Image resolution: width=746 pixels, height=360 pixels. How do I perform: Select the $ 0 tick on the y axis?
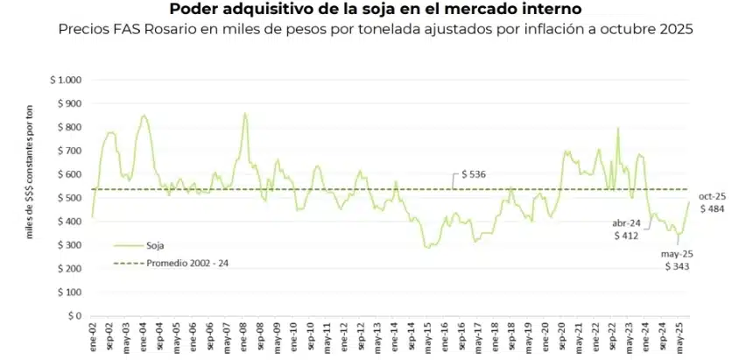tap(74, 315)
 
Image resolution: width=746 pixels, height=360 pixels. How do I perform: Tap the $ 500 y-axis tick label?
tap(69, 198)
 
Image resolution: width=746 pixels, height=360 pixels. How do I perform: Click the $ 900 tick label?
tap(69, 103)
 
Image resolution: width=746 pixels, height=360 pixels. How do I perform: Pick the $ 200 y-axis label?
tap(69, 268)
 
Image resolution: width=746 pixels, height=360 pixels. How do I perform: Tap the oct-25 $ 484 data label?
tap(710, 203)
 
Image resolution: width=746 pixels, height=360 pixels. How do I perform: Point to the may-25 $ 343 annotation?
tap(675, 260)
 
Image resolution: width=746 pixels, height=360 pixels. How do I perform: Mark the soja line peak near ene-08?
tap(244, 113)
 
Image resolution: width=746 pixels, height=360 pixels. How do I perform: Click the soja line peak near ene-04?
tap(144, 115)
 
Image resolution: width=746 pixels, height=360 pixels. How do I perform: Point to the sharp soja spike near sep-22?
tap(618, 128)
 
